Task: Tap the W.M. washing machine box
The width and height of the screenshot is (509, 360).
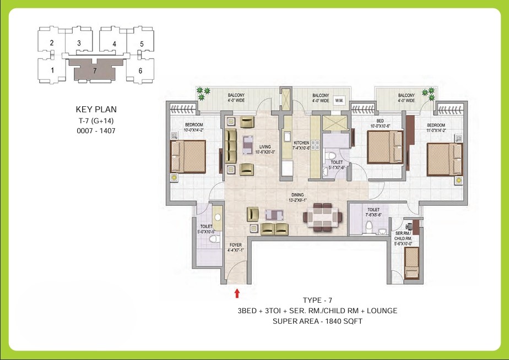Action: [339, 100]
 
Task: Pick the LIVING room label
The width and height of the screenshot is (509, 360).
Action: [265, 147]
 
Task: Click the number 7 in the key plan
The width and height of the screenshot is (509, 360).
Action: [95, 71]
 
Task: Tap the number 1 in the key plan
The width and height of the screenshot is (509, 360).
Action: [52, 70]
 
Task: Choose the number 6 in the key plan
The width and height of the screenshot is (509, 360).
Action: [140, 70]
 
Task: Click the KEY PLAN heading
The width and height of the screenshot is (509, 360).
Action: [96, 110]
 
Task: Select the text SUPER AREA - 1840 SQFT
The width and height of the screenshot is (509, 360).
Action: [317, 321]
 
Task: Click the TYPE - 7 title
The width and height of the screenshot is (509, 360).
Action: [317, 300]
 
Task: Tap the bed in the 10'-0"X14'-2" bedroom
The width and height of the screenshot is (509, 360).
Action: [188, 156]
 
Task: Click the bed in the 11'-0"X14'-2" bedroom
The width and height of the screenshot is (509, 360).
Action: [444, 159]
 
